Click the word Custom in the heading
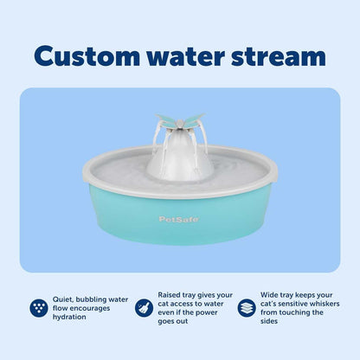[x=90, y=56]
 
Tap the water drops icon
[x=38, y=307]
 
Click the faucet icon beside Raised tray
[x=143, y=307]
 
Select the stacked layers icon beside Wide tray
[x=247, y=307]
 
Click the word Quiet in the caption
[x=63, y=293]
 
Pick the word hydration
[x=73, y=317]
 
